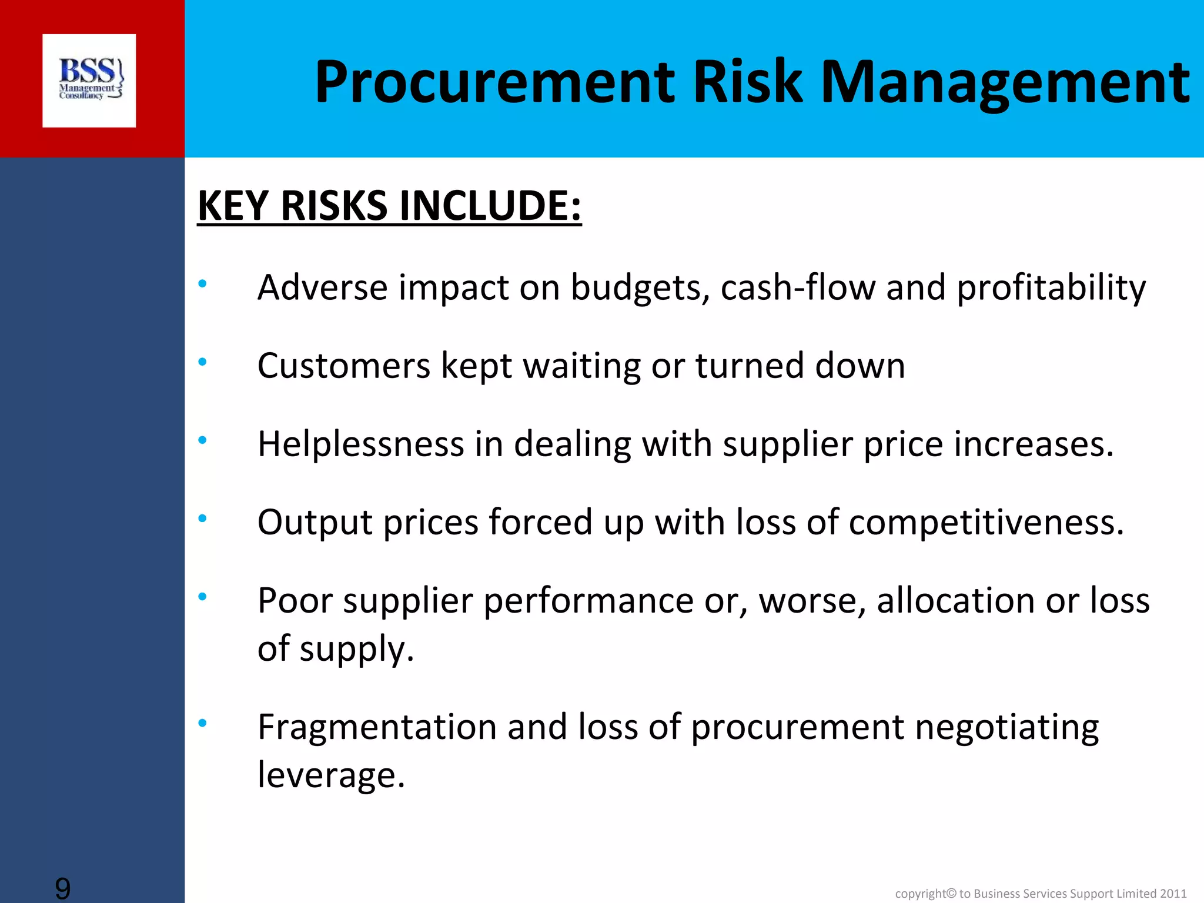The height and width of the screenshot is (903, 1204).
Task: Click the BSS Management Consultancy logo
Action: click(x=89, y=81)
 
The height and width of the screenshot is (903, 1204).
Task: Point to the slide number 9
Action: click(x=62, y=888)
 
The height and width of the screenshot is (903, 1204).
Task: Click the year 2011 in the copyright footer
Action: click(x=1173, y=894)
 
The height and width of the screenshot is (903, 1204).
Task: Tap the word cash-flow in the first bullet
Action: click(x=798, y=287)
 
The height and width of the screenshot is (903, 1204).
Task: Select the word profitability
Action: click(x=1051, y=287)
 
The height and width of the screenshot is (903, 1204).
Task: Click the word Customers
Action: click(x=344, y=366)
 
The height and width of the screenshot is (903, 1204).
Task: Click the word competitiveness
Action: click(x=986, y=522)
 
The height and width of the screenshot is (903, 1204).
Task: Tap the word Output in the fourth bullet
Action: click(x=315, y=522)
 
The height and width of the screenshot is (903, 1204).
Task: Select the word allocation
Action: click(x=955, y=600)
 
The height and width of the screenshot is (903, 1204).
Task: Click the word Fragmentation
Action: click(x=377, y=727)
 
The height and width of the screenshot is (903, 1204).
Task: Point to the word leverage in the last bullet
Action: click(x=331, y=775)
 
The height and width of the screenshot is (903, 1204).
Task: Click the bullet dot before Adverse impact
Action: click(x=202, y=284)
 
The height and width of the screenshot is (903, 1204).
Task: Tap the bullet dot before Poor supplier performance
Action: click(x=202, y=597)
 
